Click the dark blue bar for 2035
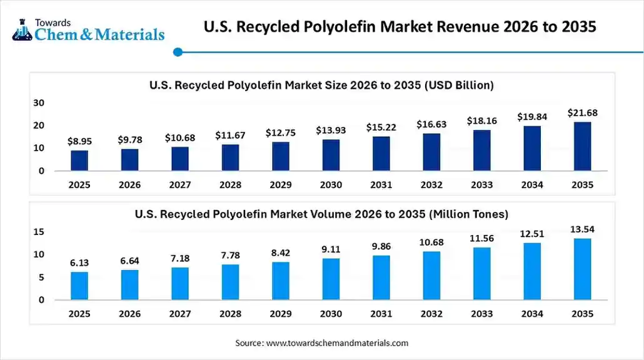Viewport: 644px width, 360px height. [582, 146]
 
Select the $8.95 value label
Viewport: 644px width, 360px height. [79, 142]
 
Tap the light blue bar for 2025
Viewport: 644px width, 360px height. [79, 286]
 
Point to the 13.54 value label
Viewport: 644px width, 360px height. [582, 229]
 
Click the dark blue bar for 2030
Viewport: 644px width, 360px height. [331, 155]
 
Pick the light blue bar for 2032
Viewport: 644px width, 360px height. [431, 276]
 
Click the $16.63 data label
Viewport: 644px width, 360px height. [431, 125]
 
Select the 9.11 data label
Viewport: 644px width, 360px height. [331, 250]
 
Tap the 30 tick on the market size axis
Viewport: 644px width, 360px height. [39, 102]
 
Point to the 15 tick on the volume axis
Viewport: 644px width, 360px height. [39, 232]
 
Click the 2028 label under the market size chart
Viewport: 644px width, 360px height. [230, 185]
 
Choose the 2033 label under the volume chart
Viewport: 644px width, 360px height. [481, 314]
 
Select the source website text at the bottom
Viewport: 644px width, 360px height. [321, 343]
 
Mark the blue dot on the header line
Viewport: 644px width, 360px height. [178, 52]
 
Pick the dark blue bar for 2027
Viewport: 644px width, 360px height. [180, 159]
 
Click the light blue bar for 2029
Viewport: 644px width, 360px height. [281, 281]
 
